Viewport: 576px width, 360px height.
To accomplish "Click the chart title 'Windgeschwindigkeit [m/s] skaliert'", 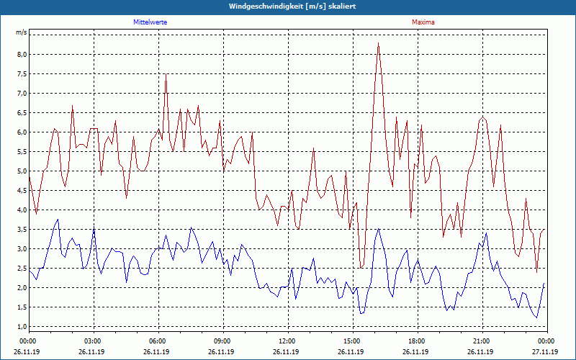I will (288, 6).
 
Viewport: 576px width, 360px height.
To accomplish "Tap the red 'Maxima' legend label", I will (423, 22).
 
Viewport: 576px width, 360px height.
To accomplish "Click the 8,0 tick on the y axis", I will (22, 55).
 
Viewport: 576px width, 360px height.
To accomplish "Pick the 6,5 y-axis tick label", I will (22, 113).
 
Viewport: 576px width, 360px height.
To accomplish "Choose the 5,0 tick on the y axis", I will (22, 171).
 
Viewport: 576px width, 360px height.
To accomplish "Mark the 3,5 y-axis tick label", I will (22, 230).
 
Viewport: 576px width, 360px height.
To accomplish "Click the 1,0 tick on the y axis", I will (22, 327).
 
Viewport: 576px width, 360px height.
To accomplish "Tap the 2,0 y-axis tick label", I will (22, 288).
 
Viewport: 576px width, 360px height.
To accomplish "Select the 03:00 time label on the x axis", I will (93, 341).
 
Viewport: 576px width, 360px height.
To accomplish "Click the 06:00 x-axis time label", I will (158, 341).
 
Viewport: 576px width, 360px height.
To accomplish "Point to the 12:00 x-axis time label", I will (287, 341).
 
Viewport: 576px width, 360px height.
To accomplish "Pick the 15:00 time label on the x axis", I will (352, 341).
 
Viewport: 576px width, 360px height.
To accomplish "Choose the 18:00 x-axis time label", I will (417, 341).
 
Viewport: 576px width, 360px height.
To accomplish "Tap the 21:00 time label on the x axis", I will (482, 341).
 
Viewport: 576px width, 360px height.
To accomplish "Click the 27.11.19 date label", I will (546, 352).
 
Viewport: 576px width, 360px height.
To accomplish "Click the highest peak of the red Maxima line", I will (378, 43).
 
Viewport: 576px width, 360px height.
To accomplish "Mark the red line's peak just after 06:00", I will (166, 73).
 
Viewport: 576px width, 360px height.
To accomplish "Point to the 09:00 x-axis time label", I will (222, 341).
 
